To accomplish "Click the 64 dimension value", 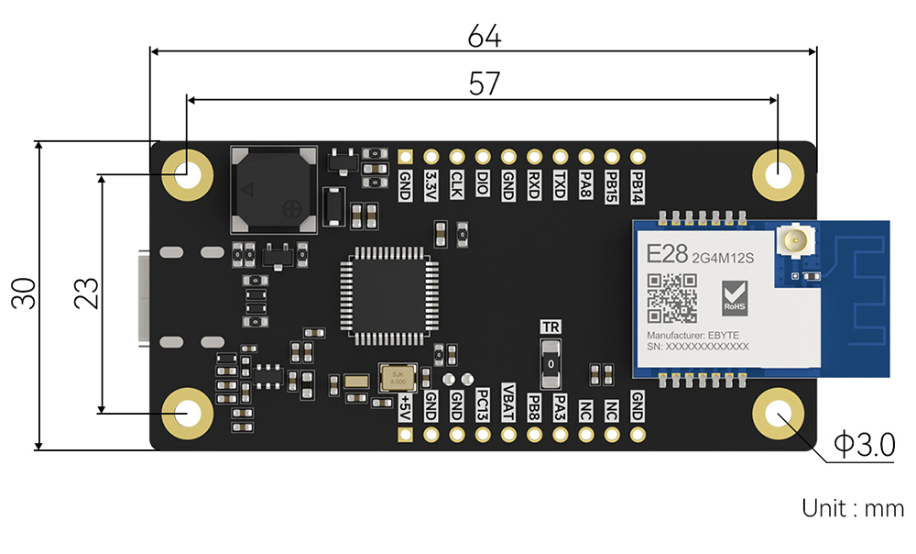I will point(484,37).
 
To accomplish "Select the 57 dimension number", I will point(484,83).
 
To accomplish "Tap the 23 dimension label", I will point(87,293).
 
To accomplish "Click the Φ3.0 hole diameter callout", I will point(863,446).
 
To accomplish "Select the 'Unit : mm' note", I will point(852,508).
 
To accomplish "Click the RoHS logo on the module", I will point(735,295).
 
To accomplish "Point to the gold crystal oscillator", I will point(398,377).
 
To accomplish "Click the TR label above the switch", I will point(551,327).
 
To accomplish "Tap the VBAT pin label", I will point(509,399).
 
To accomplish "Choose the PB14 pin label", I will point(638,185).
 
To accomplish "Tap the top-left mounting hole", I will point(188,172).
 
